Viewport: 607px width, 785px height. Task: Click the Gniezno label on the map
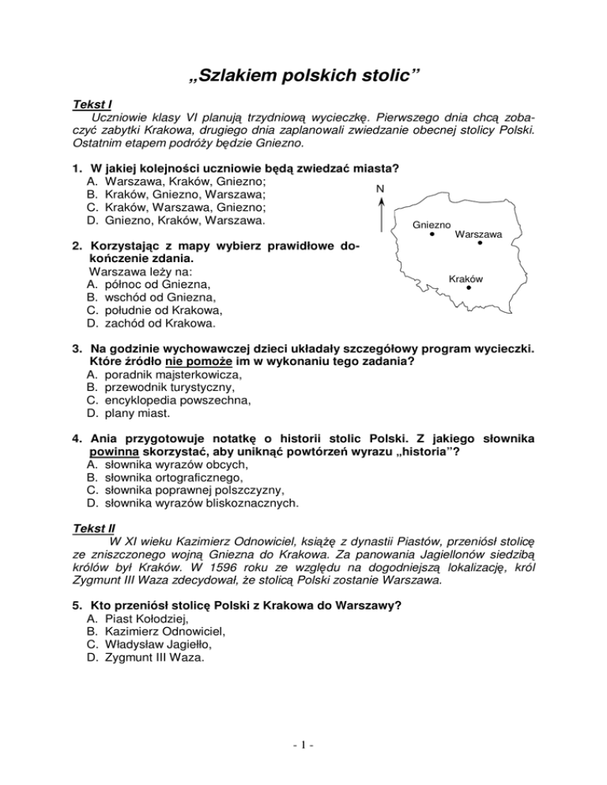432,224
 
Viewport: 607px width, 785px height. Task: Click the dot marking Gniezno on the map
432,235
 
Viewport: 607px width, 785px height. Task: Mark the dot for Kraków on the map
469,288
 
